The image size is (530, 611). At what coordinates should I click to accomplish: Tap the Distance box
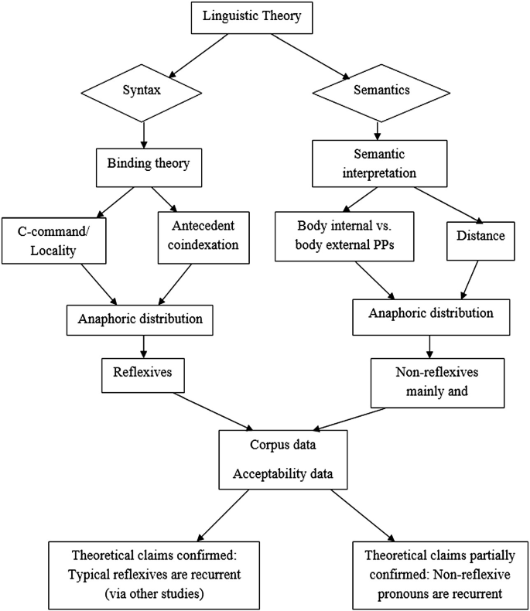tap(480, 237)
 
